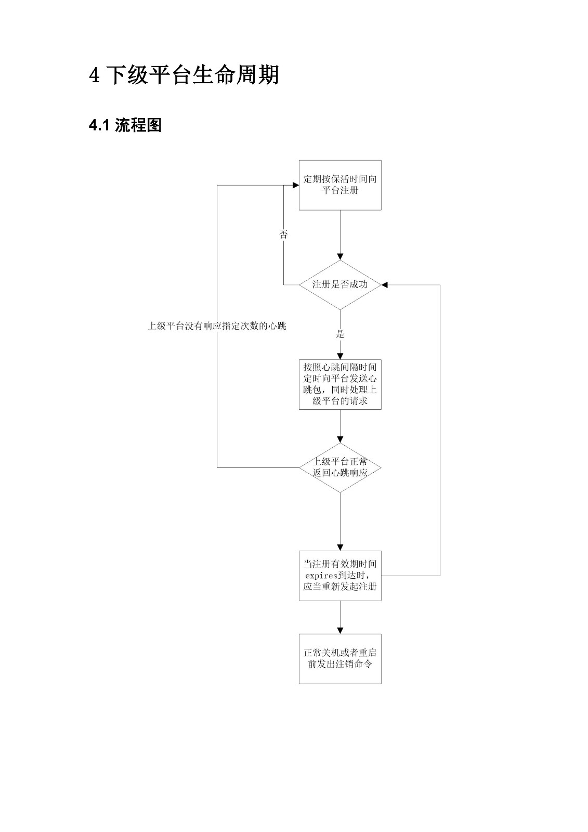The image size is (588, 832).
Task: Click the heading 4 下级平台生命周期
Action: click(184, 75)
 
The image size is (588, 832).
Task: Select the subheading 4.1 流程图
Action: click(125, 125)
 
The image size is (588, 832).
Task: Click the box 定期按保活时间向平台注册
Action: click(340, 185)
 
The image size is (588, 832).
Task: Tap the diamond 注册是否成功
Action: click(340, 285)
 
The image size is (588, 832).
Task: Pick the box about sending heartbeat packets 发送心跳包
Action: click(340, 384)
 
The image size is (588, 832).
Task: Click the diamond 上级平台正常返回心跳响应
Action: click(340, 467)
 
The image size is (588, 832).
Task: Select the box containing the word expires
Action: click(340, 576)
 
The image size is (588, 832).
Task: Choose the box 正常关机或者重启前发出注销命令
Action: click(340, 659)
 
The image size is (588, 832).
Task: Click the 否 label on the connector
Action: click(283, 235)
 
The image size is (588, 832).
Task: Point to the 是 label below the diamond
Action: click(340, 334)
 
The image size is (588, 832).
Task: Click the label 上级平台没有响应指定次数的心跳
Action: click(217, 326)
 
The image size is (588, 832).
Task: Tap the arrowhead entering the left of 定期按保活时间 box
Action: click(296, 185)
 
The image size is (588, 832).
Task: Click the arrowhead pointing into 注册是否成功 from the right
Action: click(385, 285)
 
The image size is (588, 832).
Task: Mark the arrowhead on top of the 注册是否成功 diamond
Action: click(340, 257)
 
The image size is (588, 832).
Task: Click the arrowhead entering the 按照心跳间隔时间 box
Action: click(340, 356)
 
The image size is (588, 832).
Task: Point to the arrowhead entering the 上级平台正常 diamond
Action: click(340, 440)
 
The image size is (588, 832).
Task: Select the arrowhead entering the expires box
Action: click(340, 548)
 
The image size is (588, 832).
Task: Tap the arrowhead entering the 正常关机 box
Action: click(340, 631)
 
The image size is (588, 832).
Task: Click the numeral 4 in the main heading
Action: click(94, 75)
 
